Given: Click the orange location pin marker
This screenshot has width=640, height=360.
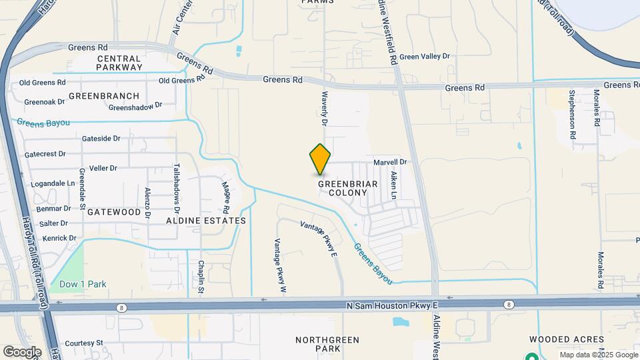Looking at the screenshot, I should [321, 159].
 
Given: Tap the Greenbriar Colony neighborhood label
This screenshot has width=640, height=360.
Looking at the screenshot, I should [348, 187].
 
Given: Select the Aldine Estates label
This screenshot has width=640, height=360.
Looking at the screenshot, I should [206, 220].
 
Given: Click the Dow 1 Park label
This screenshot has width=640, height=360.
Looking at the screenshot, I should [83, 284].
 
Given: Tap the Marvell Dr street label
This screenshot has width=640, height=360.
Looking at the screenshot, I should [390, 162].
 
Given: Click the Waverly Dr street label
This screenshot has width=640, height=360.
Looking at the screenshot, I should [325, 109].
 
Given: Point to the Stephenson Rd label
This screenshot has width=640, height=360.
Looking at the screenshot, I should [572, 115].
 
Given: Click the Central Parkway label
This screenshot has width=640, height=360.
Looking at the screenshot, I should [119, 63].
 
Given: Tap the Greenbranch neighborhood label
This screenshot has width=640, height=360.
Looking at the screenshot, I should [103, 96].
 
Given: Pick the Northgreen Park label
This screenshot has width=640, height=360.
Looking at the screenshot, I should [318, 344].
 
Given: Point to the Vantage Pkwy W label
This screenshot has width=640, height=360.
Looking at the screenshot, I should [280, 266].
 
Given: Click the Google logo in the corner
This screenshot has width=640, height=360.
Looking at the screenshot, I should [22, 351].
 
